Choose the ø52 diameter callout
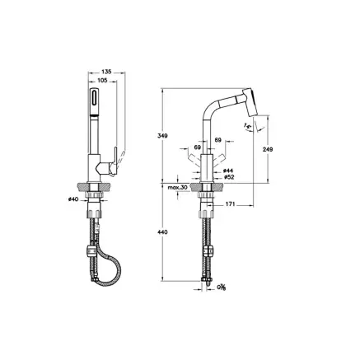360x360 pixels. point(230,177)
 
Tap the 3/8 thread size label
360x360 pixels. point(221,287)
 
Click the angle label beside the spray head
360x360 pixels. point(247,124)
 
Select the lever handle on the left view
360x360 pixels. point(112,161)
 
